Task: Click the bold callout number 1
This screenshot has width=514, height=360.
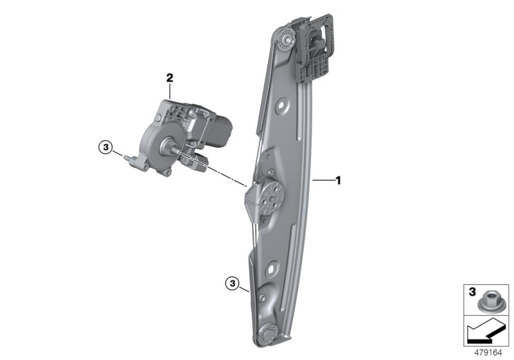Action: [x=338, y=181]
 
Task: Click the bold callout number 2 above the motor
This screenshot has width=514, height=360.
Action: [x=170, y=78]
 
